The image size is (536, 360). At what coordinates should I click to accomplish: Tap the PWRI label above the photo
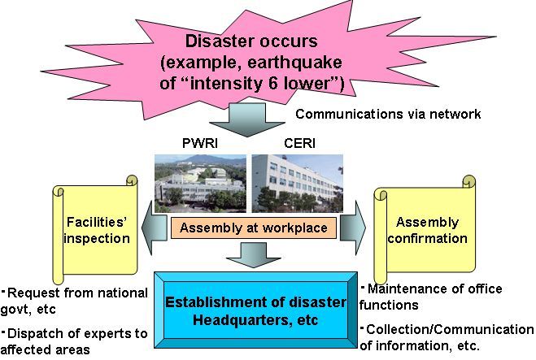point(200,143)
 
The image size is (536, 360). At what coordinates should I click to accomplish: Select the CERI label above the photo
point(299,143)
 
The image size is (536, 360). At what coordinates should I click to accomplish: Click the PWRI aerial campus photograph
point(200,184)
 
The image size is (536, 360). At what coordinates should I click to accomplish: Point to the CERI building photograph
point(298,184)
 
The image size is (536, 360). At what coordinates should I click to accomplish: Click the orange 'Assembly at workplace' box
point(253,228)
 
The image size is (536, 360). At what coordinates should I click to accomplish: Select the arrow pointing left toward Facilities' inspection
point(155,228)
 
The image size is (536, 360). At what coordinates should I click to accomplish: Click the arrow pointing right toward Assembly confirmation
point(352,228)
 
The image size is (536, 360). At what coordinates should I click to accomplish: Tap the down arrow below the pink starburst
point(247,120)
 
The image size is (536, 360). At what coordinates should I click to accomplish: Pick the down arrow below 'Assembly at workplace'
point(254,255)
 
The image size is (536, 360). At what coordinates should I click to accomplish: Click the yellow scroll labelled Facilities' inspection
point(95,229)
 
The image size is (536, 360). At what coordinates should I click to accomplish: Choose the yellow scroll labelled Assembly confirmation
point(425,229)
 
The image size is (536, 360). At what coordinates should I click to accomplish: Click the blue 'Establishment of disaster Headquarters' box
point(255,310)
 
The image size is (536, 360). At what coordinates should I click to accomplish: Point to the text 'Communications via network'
point(388,114)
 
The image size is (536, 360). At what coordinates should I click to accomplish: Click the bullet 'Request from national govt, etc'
point(74,301)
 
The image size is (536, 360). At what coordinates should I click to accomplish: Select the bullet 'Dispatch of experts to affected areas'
point(74,341)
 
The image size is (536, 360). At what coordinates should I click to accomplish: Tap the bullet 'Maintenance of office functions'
point(431,297)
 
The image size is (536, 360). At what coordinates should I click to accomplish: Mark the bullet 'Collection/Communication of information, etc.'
point(447,337)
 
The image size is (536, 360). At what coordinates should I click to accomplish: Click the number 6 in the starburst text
point(272,83)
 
